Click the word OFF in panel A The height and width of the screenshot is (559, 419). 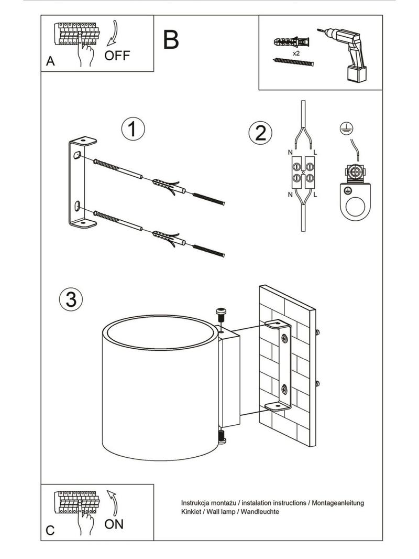click(x=116, y=56)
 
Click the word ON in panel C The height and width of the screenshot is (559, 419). click(x=114, y=524)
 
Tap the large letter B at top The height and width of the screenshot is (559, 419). click(x=171, y=39)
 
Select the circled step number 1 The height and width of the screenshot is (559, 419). click(x=133, y=130)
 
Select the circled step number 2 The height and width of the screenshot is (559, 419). click(x=260, y=132)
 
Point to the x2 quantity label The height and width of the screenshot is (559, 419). click(x=296, y=53)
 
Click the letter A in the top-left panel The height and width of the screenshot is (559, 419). click(x=50, y=61)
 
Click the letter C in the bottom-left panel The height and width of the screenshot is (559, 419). click(x=50, y=530)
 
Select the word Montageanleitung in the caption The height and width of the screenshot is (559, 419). click(x=338, y=503)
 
